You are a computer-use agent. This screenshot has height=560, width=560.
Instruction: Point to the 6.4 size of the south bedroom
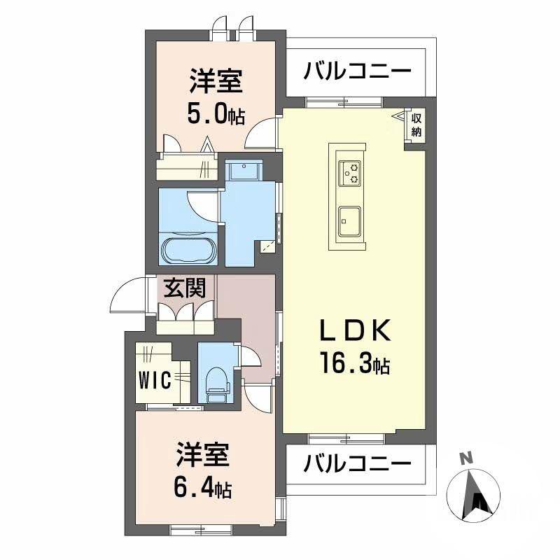click(203, 486)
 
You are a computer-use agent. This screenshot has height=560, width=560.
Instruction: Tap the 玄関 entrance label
click(181, 289)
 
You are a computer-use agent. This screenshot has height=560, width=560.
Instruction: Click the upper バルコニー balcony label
click(357, 71)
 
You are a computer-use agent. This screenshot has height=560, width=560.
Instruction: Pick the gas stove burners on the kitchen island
click(350, 172)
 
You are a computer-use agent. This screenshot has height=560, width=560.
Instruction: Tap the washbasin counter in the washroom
click(243, 171)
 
